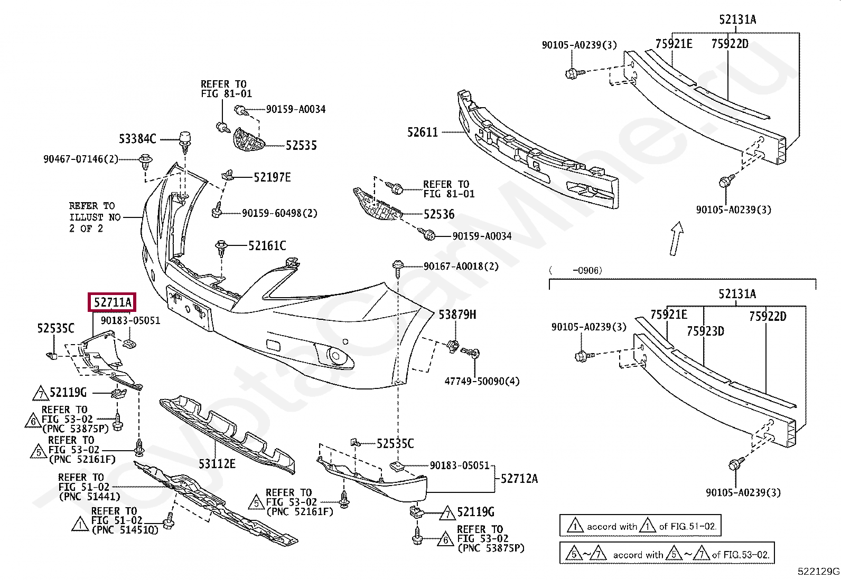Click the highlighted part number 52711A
pos(112,303)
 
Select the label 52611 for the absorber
pos(423,132)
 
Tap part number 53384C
pos(137,139)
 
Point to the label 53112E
pos(217,464)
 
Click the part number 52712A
pos(519,479)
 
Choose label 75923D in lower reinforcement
pos(705,331)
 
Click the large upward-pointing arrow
pos(677,238)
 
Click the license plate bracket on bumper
pos(189,308)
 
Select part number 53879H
pos(457,315)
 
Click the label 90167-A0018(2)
pos(461,267)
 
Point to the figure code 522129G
pos(818,571)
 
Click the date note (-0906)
pos(576,271)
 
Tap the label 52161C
pos(267,245)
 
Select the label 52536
pos(438,214)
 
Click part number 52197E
pos(272,177)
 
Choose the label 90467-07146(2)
pos(81,158)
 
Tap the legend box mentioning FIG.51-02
pos(640,526)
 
